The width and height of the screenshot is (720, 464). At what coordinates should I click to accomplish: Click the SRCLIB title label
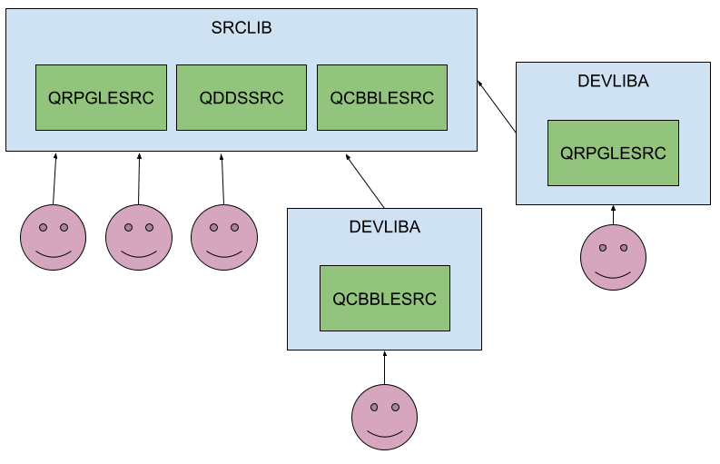(242, 27)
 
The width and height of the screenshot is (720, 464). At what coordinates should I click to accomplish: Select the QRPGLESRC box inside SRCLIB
(101, 97)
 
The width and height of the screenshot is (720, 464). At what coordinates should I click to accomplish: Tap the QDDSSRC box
(242, 97)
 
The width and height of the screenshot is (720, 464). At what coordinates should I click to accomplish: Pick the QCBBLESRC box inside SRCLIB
(382, 97)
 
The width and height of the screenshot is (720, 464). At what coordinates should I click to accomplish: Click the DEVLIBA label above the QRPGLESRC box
(613, 82)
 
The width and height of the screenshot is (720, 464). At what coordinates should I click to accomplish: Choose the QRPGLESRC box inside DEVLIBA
(613, 153)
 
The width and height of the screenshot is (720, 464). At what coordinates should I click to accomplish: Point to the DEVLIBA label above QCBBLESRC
(384, 227)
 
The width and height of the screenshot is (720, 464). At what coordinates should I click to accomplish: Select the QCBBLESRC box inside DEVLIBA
(384, 298)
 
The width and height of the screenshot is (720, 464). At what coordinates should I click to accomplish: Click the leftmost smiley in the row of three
(54, 237)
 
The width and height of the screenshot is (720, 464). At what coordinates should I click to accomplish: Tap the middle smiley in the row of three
(139, 237)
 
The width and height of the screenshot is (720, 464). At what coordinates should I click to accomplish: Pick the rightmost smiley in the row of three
(224, 237)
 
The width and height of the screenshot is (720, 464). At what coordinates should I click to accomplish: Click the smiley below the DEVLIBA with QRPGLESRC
(613, 258)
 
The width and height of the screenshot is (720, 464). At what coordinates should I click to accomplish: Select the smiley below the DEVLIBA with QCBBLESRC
(384, 417)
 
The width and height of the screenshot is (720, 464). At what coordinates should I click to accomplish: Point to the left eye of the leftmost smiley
(43, 227)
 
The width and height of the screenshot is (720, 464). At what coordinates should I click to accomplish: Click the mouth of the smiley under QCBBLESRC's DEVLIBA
(384, 432)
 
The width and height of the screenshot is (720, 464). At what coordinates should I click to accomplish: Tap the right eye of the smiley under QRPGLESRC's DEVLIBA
(624, 247)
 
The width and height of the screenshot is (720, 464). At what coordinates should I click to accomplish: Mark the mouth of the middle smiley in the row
(139, 253)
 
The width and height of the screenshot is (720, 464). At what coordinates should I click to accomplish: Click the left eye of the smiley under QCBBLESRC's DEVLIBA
(373, 407)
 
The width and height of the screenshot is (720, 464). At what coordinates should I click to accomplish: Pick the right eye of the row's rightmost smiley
(235, 227)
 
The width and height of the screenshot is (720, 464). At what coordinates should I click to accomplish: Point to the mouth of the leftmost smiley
(54, 253)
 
